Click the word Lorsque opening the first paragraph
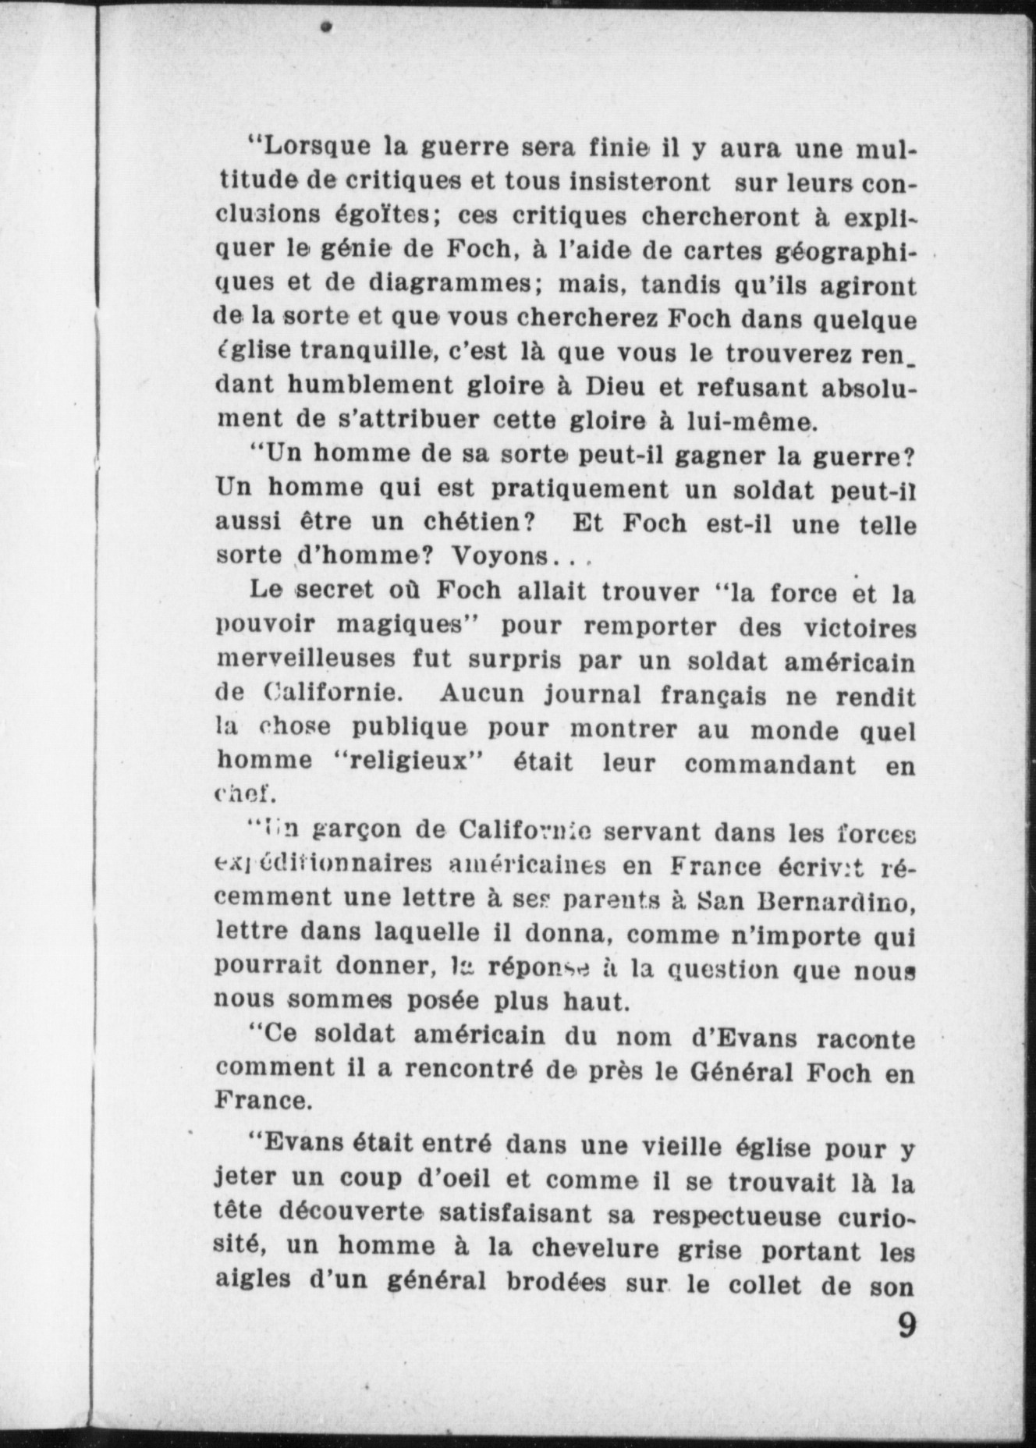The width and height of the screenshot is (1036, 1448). [x=317, y=146]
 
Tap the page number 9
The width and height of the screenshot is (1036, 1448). [x=906, y=1326]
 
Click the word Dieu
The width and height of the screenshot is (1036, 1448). [x=616, y=385]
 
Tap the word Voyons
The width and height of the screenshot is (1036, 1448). [x=500, y=556]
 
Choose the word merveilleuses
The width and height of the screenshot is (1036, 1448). [x=306, y=658]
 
